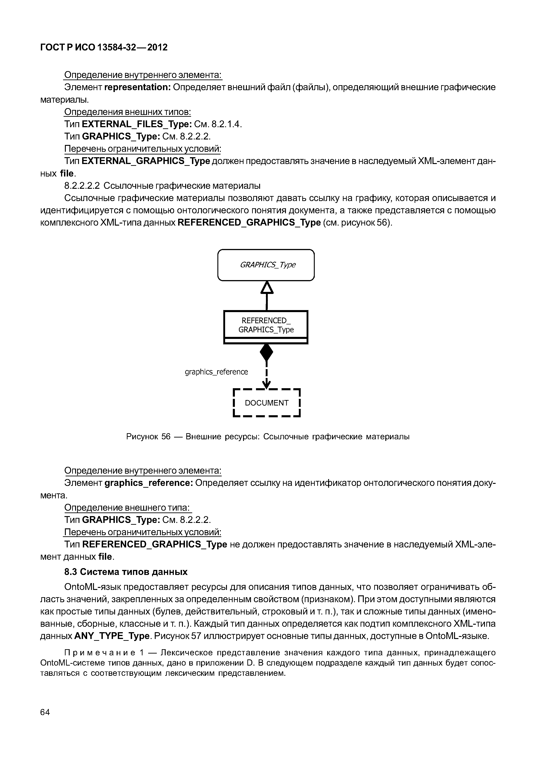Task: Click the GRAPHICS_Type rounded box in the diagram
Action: pos(266,265)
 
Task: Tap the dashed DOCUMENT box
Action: pos(267,403)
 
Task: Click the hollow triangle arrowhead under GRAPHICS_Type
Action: pos(267,288)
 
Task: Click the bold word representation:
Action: pos(138,87)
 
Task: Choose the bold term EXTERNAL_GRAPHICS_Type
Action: pos(146,161)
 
